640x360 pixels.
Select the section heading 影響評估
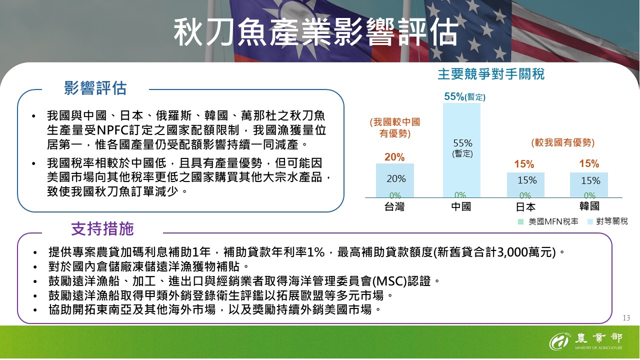click(95, 88)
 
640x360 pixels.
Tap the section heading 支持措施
click(102, 229)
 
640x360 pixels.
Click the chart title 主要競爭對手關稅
click(490, 74)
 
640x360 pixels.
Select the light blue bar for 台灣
click(395, 180)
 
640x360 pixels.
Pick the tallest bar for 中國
click(461, 150)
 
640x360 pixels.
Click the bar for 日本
click(525, 184)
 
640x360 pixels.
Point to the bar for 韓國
click(589, 184)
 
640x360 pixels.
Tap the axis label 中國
click(461, 206)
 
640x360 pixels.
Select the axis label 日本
click(525, 206)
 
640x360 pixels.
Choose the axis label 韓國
click(589, 206)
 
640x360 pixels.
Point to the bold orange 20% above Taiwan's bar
click(394, 157)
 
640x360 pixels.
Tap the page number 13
click(626, 318)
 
